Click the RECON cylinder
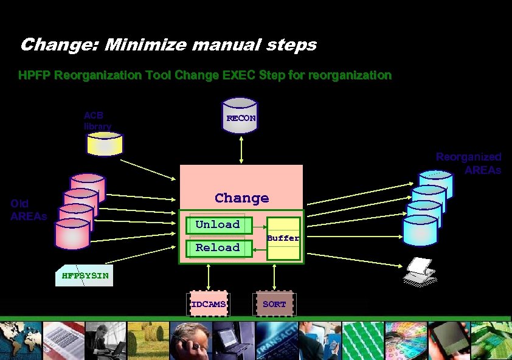coord(241,116)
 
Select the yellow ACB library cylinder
coord(105,144)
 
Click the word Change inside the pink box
coord(241,198)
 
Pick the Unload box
coord(217,224)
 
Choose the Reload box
coord(217,247)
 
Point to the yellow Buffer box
coord(283,238)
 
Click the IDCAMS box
coord(209,303)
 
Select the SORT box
coord(274,303)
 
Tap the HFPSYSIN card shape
coord(85,275)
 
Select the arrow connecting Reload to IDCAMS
coord(209,277)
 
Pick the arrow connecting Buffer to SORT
coord(274,277)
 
